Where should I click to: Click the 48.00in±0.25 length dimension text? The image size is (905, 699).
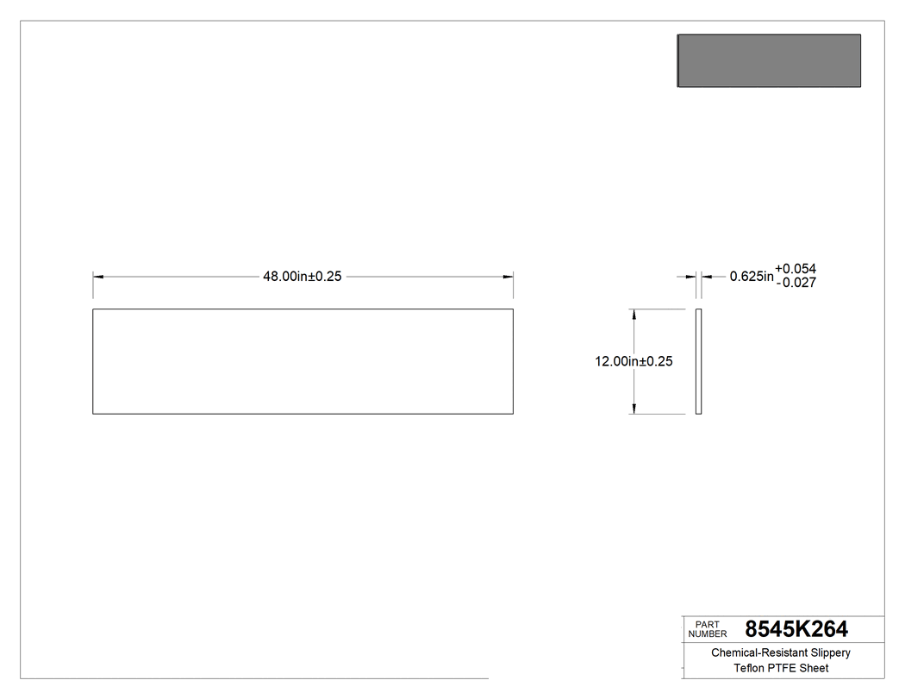tap(302, 277)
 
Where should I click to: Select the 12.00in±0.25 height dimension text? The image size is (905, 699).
tap(633, 362)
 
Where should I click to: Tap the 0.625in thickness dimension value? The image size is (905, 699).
tap(752, 277)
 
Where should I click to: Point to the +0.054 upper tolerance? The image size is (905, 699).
tap(796, 269)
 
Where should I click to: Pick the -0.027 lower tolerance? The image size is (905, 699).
tap(796, 283)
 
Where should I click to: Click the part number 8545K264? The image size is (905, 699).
tap(796, 629)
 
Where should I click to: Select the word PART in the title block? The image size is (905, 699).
tap(707, 624)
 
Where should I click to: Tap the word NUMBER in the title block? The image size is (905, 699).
tap(708, 634)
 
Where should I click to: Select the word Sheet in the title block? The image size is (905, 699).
tap(814, 669)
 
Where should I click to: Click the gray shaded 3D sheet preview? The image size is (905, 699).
tap(769, 61)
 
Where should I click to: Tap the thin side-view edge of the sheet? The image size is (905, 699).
tap(699, 361)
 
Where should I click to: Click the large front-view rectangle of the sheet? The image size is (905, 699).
tap(303, 361)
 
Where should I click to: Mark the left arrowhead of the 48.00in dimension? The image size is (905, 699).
tap(98, 277)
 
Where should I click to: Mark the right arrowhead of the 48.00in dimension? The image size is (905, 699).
tap(509, 277)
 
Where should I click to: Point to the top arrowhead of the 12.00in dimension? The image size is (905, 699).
tap(635, 315)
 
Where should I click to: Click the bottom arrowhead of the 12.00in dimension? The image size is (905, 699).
tap(635, 409)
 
